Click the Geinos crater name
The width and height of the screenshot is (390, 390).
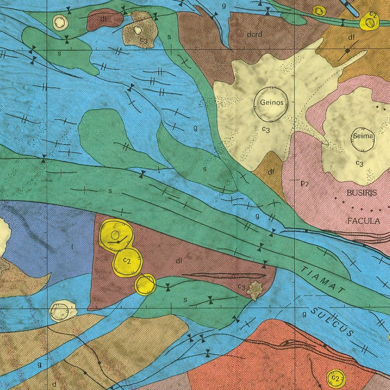[x=272, y=102]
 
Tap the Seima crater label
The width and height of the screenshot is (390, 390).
[x=363, y=136]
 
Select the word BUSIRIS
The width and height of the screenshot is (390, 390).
[x=362, y=193]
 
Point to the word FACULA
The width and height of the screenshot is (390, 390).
[x=363, y=221]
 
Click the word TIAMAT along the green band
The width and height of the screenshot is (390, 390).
[x=323, y=279]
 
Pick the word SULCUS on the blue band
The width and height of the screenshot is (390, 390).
[x=332, y=322]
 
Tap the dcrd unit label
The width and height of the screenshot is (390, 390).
[x=254, y=35]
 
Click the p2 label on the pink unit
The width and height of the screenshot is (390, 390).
[x=304, y=184]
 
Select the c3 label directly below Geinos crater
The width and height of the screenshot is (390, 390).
[x=266, y=129]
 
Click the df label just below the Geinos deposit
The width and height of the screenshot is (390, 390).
[x=271, y=172]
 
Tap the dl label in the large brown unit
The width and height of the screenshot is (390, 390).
[x=179, y=261]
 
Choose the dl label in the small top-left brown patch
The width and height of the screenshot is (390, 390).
[x=103, y=19]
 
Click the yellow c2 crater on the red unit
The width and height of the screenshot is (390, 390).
[x=336, y=379]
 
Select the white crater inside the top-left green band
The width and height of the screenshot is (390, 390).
[x=61, y=22]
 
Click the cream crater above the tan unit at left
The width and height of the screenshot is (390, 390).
[x=63, y=311]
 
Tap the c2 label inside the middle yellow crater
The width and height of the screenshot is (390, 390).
[x=127, y=260]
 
